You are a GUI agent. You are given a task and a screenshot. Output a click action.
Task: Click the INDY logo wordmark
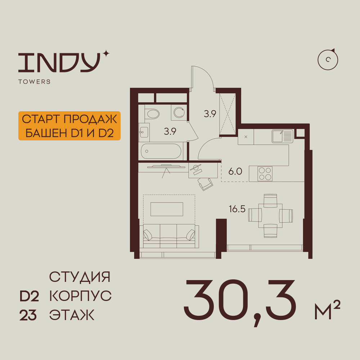59,63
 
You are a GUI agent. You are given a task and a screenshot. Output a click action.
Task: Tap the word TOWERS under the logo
35,82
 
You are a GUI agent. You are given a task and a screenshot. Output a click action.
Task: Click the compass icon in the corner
328,60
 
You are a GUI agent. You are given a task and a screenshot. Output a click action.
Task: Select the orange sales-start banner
69,126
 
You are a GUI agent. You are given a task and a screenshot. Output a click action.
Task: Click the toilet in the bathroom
152,114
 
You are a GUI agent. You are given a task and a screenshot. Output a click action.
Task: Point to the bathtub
161,151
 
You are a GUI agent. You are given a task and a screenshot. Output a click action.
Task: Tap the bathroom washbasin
144,132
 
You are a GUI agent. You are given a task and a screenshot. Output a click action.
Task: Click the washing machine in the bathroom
179,112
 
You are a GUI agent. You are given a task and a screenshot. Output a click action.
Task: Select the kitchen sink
283,136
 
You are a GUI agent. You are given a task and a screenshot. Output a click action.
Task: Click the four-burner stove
265,174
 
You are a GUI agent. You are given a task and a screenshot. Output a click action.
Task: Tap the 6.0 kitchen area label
235,171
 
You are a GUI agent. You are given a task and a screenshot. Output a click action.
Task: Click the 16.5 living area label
237,209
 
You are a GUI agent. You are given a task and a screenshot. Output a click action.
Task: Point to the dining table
270,216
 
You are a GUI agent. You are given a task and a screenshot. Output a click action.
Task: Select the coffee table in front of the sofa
167,209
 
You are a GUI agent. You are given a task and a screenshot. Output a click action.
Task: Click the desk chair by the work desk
205,184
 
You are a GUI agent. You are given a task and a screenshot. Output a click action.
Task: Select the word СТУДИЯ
80,277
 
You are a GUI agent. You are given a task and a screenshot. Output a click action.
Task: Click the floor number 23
28,315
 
